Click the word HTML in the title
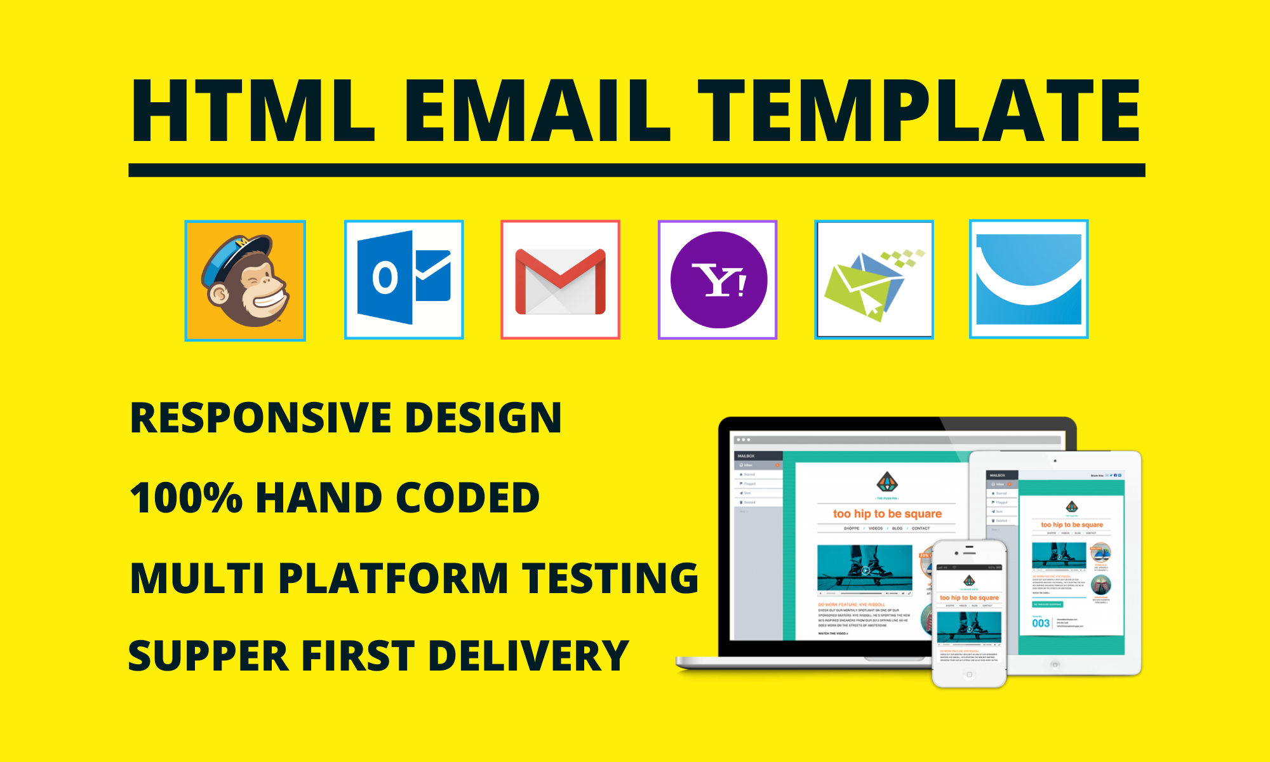[x=253, y=111]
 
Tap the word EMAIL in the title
[x=537, y=111]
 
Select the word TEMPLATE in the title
[x=919, y=111]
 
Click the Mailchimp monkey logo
[x=245, y=281]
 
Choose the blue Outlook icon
[x=404, y=279]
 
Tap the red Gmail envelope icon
[x=560, y=280]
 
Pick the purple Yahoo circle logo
[x=718, y=280]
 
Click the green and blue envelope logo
[x=874, y=280]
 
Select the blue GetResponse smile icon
[x=1029, y=279]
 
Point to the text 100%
[x=186, y=498]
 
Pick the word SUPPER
[x=208, y=657]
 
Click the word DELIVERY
[x=528, y=657]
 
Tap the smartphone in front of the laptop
[x=969, y=613]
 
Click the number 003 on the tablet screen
[x=1041, y=624]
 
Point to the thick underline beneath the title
[x=636, y=170]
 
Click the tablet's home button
[x=1055, y=664]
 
